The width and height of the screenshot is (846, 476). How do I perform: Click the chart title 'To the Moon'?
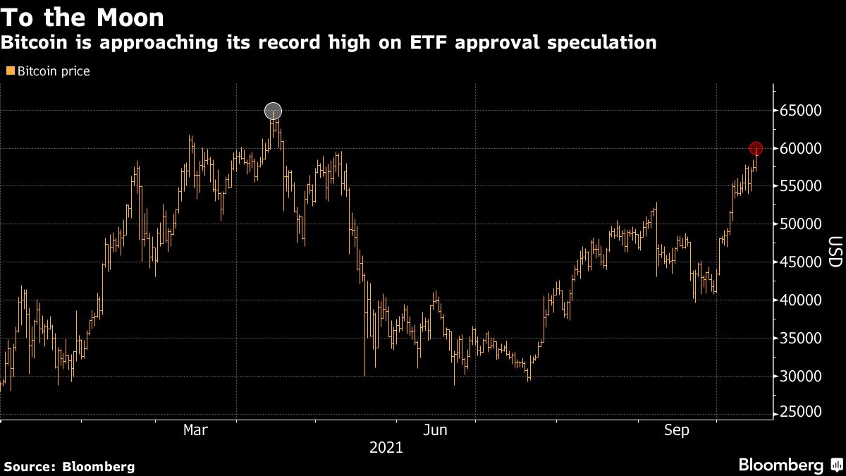coord(83,16)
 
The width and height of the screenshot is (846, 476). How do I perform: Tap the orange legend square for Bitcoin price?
coord(10,71)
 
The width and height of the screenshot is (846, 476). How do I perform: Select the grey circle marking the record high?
coord(273,111)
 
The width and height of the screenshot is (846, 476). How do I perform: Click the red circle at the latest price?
coord(756,148)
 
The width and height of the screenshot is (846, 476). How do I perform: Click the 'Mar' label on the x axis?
coord(195,430)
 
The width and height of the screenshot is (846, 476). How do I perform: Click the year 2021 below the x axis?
coord(386,447)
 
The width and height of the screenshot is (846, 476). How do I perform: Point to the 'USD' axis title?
coord(834,252)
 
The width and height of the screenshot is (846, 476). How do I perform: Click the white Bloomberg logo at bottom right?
coord(780,465)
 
